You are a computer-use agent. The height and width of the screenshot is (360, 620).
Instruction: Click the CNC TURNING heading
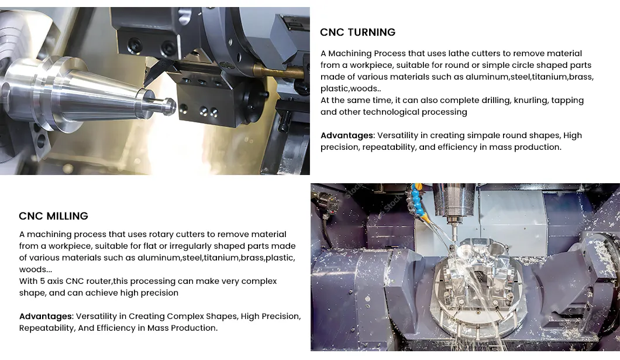coord(357,32)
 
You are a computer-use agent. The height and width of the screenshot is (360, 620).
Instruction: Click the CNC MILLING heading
coord(53,216)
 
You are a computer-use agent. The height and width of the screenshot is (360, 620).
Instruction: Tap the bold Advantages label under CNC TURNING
coord(347,135)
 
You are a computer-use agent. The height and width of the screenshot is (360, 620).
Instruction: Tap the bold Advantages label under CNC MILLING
coord(46,316)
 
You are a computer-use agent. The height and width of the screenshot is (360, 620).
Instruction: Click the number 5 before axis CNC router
coord(42,281)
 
